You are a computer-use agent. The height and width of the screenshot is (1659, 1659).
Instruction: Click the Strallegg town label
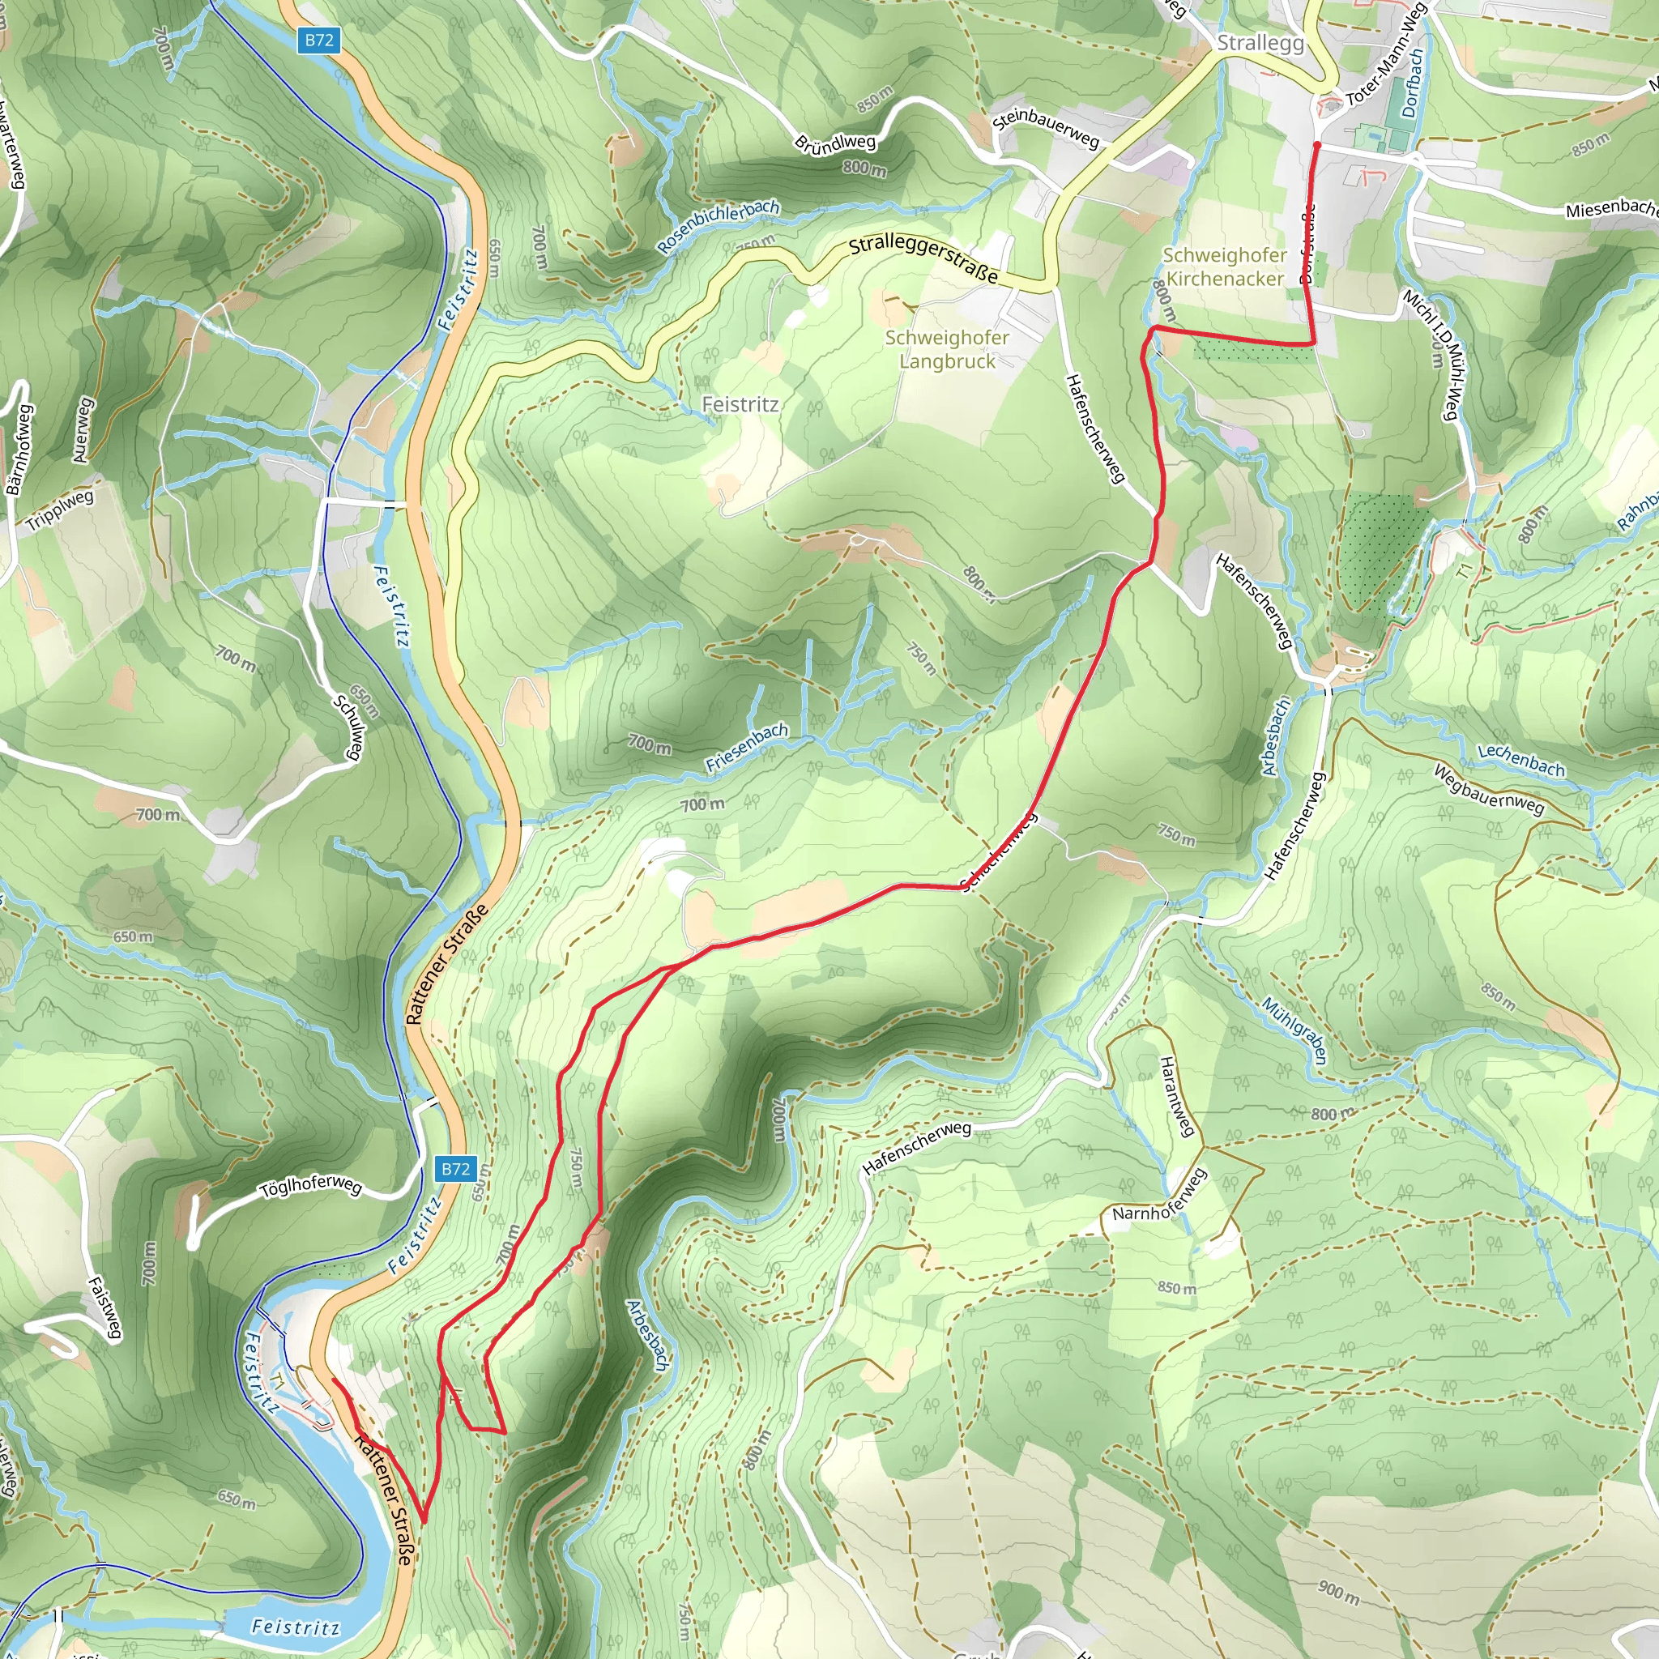pos(1260,43)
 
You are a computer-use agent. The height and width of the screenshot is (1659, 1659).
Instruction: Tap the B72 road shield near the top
pos(318,41)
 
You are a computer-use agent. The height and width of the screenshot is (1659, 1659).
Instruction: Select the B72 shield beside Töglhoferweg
pos(455,1169)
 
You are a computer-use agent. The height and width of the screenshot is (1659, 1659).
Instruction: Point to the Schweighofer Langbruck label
pos(946,349)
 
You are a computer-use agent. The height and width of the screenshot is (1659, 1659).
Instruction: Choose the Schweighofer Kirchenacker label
pos(1224,267)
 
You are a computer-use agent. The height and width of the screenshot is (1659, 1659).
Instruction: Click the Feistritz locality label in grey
pos(740,404)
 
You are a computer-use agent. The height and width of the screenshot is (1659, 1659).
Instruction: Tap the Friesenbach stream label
pos(746,747)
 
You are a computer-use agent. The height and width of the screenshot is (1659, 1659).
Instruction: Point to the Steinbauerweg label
pos(1045,126)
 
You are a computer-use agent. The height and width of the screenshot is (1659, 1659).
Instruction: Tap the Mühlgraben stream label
pos(1294,1030)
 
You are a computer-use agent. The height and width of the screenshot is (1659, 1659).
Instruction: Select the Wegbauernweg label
pos(1488,789)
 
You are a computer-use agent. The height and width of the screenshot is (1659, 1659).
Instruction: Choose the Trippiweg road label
pos(59,511)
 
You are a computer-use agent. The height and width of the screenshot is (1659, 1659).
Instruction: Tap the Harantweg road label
pos(1177,1097)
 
